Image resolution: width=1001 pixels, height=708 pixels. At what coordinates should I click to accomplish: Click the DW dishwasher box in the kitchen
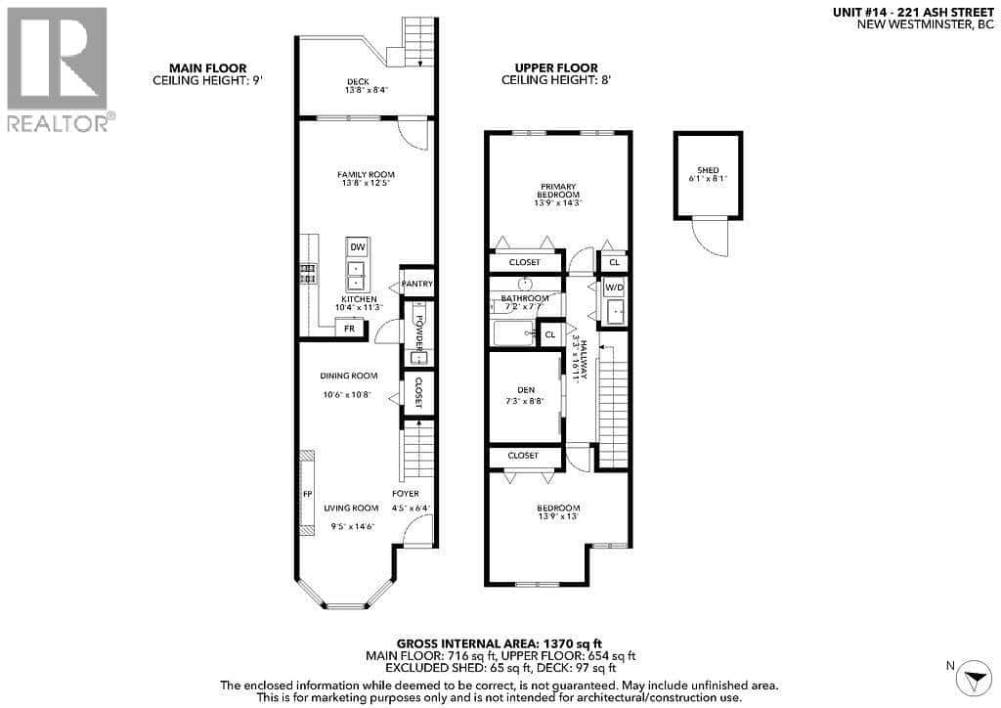click(358, 247)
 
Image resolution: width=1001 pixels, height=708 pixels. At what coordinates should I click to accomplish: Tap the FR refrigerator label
click(349, 329)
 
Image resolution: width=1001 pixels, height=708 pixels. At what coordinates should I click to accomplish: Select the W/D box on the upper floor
click(614, 288)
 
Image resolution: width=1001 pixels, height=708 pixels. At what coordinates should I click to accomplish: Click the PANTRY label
click(417, 284)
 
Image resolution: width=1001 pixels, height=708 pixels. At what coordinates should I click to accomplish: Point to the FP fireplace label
click(307, 494)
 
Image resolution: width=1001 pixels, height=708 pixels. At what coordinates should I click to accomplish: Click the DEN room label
click(526, 390)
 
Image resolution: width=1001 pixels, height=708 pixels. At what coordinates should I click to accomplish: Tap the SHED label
click(708, 170)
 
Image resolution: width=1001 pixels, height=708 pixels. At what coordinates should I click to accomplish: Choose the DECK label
click(358, 82)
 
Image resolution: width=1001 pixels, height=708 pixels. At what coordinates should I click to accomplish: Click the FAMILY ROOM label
click(366, 174)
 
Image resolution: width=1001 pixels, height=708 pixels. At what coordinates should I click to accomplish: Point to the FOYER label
click(406, 494)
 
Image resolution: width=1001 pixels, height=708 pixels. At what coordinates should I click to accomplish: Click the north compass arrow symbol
click(976, 678)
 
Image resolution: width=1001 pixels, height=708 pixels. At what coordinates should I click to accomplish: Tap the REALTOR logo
click(58, 69)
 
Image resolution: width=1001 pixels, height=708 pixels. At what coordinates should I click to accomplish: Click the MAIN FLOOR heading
click(207, 68)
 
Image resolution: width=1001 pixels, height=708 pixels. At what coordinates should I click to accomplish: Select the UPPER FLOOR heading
click(556, 68)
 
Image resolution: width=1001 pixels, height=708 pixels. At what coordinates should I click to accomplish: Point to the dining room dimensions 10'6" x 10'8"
click(347, 394)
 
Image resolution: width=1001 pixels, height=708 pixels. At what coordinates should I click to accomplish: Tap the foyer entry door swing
click(419, 530)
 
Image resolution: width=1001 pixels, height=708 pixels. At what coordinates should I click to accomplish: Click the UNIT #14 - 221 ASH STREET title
click(914, 12)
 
